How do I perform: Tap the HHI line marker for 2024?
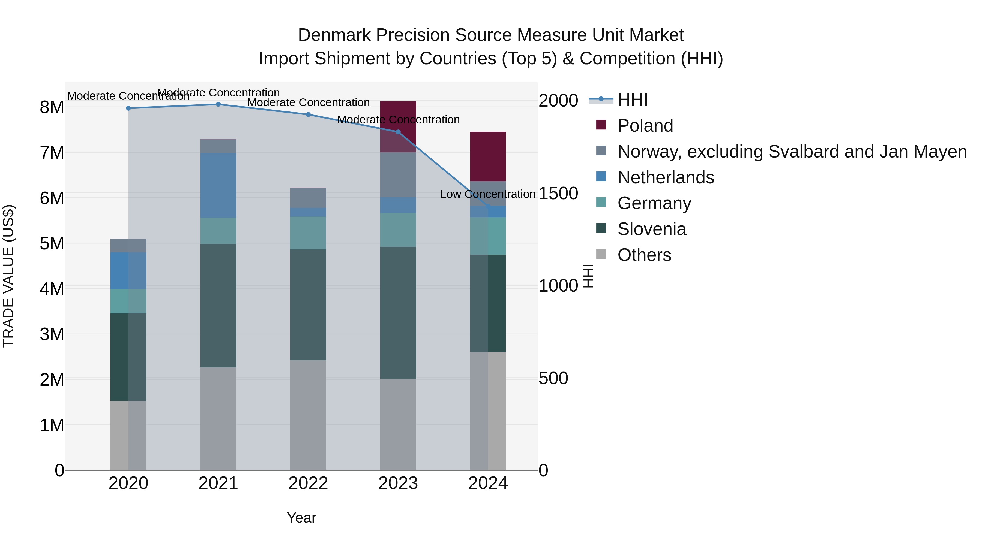pyautogui.click(x=488, y=206)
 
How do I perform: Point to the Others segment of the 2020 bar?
pyautogui.click(x=128, y=435)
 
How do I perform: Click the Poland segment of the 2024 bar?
pyautogui.click(x=488, y=156)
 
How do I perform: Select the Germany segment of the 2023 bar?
pyautogui.click(x=398, y=230)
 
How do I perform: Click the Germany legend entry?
pyautogui.click(x=654, y=203)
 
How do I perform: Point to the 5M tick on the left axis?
pyautogui.click(x=52, y=243)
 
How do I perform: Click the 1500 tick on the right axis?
pyautogui.click(x=558, y=194)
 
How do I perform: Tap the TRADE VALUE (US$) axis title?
pyautogui.click(x=8, y=276)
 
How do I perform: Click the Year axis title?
pyautogui.click(x=301, y=518)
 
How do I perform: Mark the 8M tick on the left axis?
pyautogui.click(x=52, y=107)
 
